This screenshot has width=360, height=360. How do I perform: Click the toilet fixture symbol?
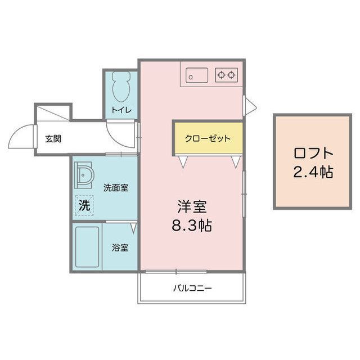120,87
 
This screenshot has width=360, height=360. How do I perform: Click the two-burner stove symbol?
227,75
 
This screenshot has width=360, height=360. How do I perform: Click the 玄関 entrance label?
53,138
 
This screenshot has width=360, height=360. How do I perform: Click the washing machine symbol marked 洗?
84,205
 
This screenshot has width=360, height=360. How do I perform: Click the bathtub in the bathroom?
88,247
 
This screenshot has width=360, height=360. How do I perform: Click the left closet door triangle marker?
183,162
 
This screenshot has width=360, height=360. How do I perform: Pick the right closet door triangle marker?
235,162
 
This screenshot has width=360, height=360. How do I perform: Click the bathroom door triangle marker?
133,228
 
